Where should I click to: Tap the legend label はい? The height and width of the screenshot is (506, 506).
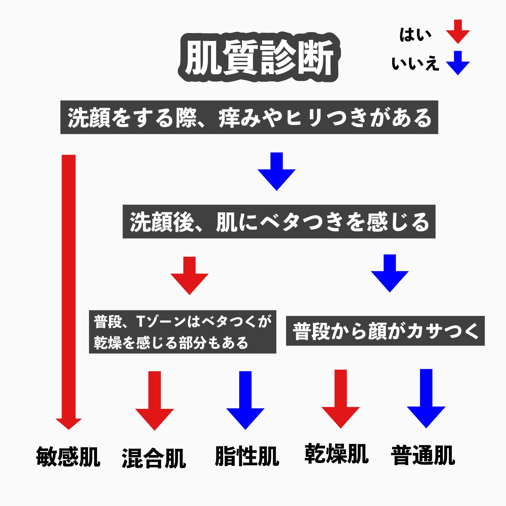415,35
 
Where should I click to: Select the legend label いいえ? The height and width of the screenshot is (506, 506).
415,64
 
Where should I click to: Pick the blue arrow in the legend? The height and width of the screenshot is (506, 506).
458,63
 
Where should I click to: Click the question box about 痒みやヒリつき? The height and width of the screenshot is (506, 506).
249,117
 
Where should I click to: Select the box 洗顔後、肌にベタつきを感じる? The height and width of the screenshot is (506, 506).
279,222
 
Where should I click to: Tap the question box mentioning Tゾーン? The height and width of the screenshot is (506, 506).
183,332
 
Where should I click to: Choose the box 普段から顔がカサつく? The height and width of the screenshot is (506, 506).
385,331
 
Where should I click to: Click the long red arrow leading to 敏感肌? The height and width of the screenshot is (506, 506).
69,288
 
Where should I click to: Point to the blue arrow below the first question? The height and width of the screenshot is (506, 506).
276,171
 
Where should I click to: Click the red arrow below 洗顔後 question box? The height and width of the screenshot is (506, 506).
189,275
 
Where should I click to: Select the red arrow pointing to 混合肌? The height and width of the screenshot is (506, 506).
154,401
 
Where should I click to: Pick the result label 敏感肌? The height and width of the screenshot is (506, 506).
68,457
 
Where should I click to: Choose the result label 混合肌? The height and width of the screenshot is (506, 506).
154,458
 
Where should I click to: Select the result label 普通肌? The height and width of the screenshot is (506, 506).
423,456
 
